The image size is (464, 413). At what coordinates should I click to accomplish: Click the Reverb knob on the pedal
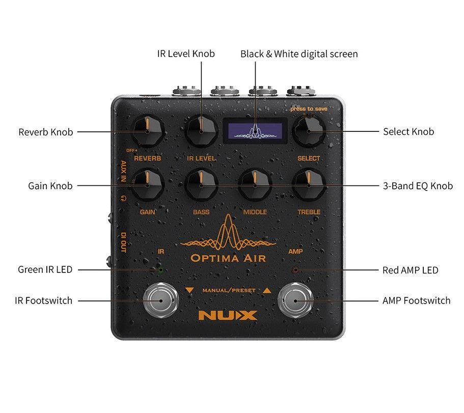point(147,131)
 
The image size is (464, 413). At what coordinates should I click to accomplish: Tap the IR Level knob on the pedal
point(201,131)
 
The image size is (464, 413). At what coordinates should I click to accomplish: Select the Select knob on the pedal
point(309,131)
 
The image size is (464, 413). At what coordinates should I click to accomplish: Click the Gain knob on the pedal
point(147,185)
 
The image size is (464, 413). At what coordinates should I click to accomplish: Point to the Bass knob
point(201,186)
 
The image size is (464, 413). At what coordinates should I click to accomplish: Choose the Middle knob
point(255,186)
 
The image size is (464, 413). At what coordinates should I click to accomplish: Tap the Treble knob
point(309,186)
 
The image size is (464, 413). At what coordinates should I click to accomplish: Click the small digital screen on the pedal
point(255,130)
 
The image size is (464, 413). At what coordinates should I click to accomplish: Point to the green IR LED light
point(160,269)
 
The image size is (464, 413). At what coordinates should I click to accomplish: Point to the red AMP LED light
point(295,269)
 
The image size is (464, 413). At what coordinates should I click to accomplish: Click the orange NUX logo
point(228,315)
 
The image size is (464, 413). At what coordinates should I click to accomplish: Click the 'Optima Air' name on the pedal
point(228,258)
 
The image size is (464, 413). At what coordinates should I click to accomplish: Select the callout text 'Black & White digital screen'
point(299,54)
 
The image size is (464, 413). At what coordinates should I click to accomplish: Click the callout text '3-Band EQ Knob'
point(418,186)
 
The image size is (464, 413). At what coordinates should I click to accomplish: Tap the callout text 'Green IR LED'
point(45,269)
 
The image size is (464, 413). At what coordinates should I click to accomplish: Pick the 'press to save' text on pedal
point(309,109)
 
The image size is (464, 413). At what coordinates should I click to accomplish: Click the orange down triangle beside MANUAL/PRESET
point(189,290)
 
